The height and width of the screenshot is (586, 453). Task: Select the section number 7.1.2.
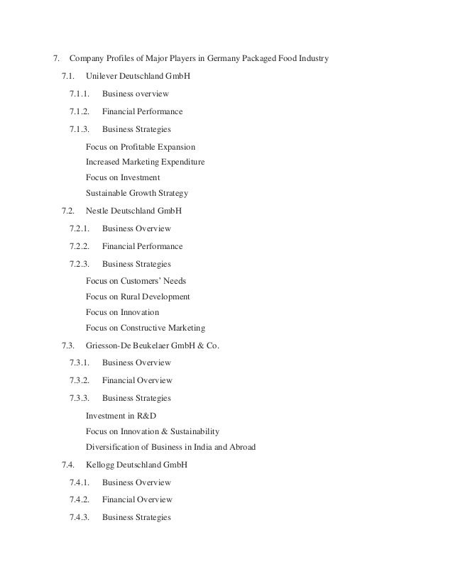tap(80, 111)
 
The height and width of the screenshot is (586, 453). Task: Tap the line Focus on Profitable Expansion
tap(140, 147)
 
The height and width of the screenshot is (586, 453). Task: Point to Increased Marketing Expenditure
tap(145, 162)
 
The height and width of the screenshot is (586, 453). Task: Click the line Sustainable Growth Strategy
tap(136, 193)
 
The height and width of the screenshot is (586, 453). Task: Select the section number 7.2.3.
tap(80, 264)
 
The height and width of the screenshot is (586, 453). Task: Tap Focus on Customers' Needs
tap(136, 281)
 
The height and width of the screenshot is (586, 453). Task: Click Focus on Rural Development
tap(138, 297)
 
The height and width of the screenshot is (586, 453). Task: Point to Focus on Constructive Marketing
tap(146, 328)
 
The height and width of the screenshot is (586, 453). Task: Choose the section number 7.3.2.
tap(80, 380)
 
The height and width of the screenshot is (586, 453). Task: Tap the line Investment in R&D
tap(121, 416)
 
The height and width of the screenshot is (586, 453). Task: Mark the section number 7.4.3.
tap(80, 517)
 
